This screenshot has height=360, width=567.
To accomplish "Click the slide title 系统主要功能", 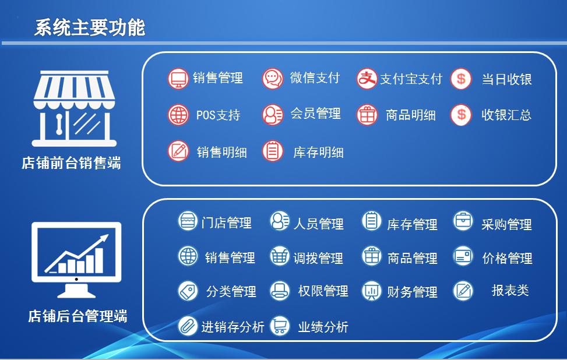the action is [x=90, y=27].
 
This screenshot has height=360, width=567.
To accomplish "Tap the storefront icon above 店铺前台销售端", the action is [x=74, y=108].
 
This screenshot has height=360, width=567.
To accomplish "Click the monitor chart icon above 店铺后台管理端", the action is [x=76, y=260].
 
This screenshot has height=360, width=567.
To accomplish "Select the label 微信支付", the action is [x=315, y=77].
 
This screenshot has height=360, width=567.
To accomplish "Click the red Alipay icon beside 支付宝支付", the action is [x=367, y=79].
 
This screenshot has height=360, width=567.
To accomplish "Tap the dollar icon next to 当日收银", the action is [x=461, y=79].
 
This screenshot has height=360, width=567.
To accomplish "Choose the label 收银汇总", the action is [x=506, y=115].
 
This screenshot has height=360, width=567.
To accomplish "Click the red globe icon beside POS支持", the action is [x=178, y=115].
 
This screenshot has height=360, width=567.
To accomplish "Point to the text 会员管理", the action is [x=316, y=114].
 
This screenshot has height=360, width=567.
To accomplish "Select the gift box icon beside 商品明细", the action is [x=367, y=115].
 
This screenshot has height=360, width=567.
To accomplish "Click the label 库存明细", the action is [x=318, y=152].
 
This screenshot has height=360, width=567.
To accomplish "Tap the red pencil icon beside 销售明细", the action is [x=178, y=151].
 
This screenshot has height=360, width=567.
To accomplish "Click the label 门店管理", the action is [x=226, y=223].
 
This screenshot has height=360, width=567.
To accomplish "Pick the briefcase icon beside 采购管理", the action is [x=463, y=221].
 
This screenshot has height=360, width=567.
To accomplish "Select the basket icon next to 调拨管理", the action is [x=280, y=256].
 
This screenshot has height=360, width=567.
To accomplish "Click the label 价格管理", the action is [x=507, y=259].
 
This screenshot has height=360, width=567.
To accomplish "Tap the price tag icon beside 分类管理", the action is [x=188, y=291].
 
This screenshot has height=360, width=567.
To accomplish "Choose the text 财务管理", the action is [x=412, y=292].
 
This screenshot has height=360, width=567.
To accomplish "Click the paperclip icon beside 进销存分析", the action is [x=188, y=326].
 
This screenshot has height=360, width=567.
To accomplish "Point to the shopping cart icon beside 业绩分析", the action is [x=280, y=326].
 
